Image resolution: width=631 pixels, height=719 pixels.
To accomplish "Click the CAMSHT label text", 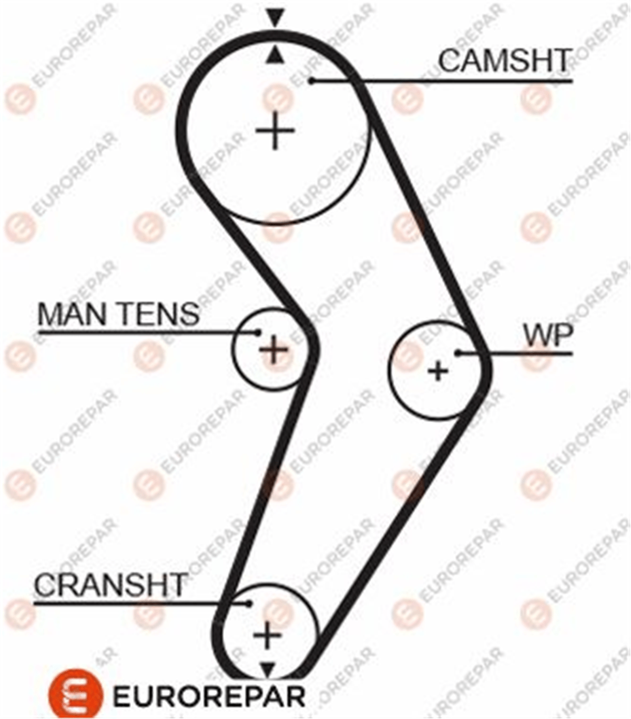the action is point(505,60).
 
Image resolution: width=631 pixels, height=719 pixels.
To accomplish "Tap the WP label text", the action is point(548,335).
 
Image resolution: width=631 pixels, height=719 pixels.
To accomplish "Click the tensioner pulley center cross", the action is point(273,350).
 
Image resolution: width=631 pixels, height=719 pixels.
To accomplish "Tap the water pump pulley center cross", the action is point(439,371).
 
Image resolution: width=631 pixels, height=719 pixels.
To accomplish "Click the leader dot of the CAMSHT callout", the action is point(311,81).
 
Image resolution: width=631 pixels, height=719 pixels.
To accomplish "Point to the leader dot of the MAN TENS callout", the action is point(258,332).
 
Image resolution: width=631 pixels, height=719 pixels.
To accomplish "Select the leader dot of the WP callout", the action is point(459,353).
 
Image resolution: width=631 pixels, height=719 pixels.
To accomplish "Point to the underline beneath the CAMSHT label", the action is point(442,81).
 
